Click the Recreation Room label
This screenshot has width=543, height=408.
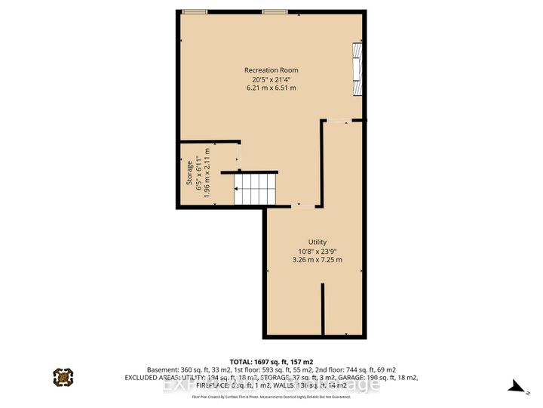pyautogui.click(x=271, y=70)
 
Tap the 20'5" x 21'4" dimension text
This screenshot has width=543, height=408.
pyautogui.click(x=271, y=79)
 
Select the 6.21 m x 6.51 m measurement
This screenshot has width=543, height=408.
pyautogui.click(x=271, y=88)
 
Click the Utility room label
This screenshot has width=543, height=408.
pyautogui.click(x=317, y=242)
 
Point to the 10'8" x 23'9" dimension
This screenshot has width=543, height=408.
pyautogui.click(x=317, y=251)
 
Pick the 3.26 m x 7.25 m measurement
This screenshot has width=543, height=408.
pyautogui.click(x=317, y=260)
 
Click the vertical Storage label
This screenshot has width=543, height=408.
pyautogui.click(x=189, y=173)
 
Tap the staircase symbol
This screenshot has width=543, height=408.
pyautogui.click(x=255, y=188)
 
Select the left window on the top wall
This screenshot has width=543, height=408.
pyautogui.click(x=194, y=11)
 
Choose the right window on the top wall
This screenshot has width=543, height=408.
pyautogui.click(x=273, y=11)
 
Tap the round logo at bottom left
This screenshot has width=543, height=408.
pyautogui.click(x=63, y=376)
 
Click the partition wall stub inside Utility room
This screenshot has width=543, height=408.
pyautogui.click(x=323, y=309)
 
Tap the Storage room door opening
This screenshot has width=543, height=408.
pyautogui.click(x=238, y=157)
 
